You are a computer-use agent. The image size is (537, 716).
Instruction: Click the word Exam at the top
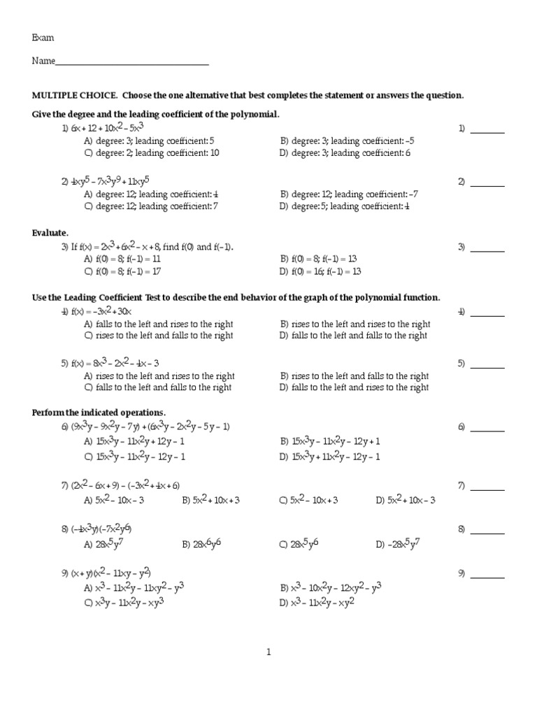(43, 38)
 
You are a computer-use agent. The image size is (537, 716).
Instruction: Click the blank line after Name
(132, 62)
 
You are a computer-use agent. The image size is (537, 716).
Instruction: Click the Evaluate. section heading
(50, 232)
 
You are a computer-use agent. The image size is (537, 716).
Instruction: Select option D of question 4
(353, 336)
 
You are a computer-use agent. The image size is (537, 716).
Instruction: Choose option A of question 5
(159, 376)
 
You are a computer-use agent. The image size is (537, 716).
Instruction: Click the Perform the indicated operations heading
(99, 413)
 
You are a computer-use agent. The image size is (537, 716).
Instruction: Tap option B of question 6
(330, 442)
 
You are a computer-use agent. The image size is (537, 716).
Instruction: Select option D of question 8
(400, 544)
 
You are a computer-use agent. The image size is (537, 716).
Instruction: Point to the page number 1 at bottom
(268, 652)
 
